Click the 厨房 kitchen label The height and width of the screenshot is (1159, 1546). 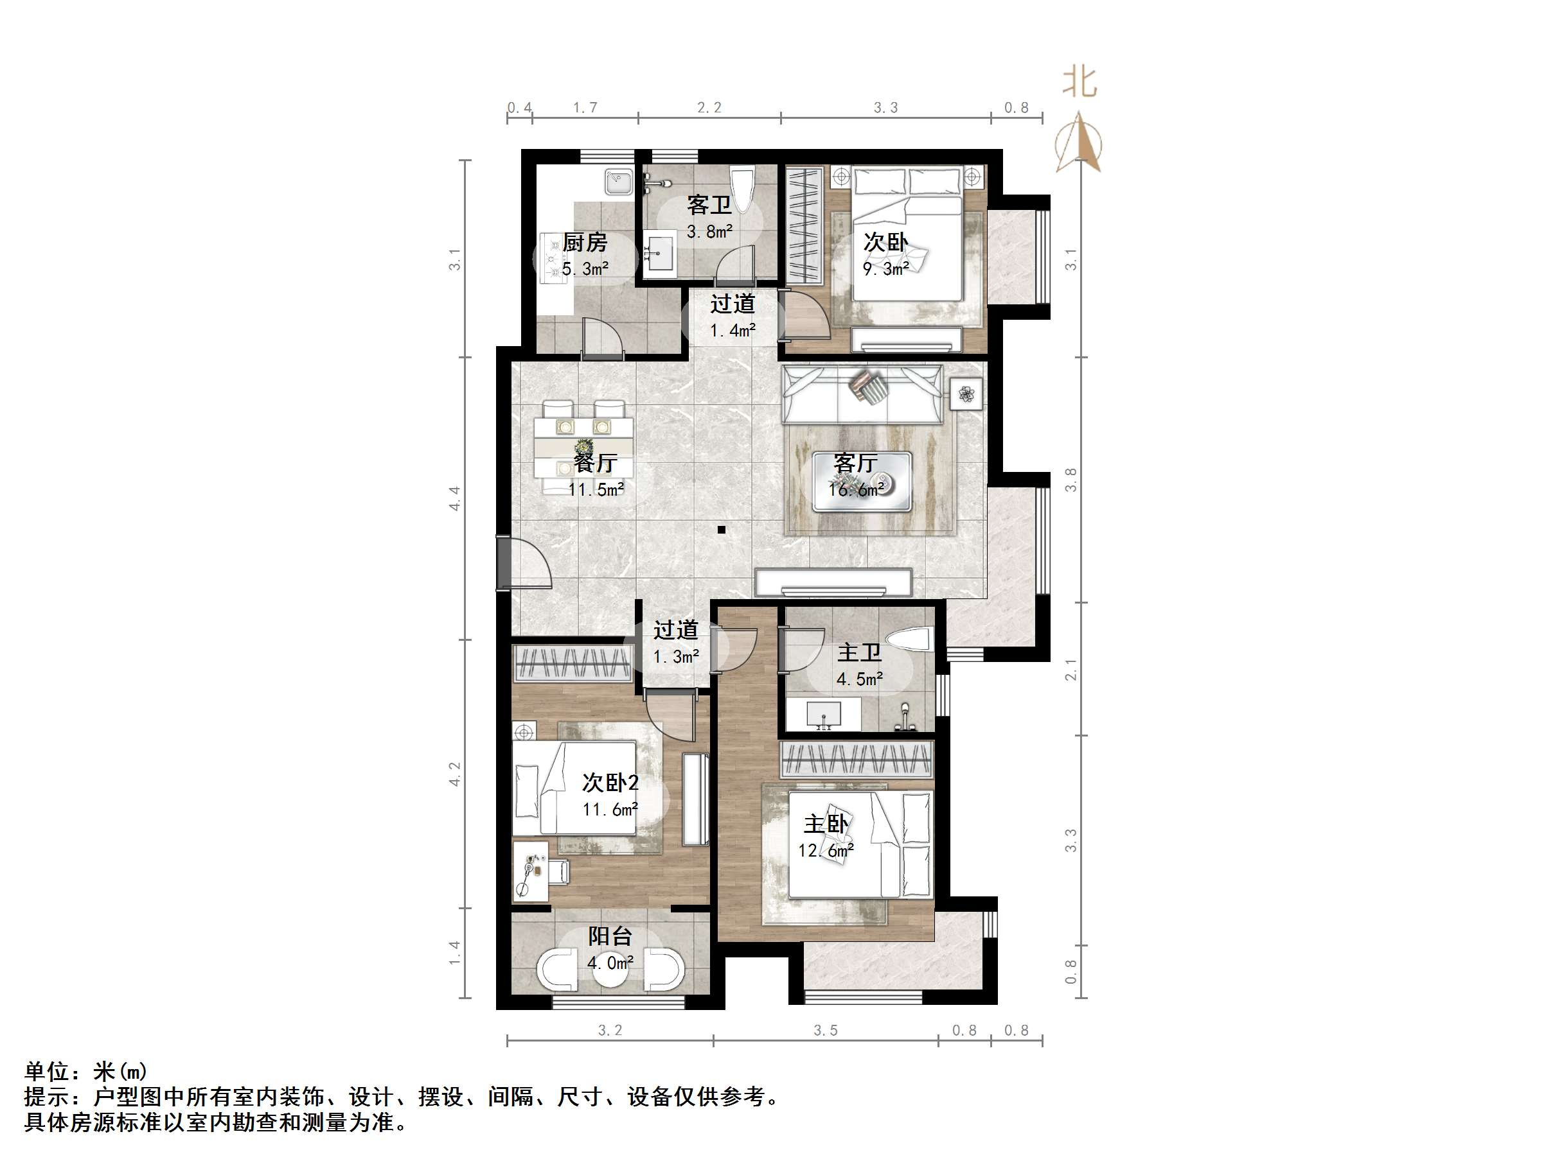(x=585, y=243)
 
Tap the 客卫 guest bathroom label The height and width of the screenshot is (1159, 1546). (x=709, y=205)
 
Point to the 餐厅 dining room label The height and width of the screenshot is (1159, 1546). (x=596, y=462)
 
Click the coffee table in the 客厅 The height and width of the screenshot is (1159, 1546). (x=862, y=482)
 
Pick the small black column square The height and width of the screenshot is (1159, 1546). (x=722, y=530)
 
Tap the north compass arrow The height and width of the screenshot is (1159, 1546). (x=1080, y=143)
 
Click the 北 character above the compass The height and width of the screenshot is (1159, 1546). (x=1080, y=82)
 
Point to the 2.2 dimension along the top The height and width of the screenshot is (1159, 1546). (x=709, y=108)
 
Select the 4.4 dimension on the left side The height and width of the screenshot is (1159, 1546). (x=455, y=498)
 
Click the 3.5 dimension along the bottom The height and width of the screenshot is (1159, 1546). (x=826, y=1031)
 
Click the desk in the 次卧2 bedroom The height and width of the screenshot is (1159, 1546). (x=531, y=871)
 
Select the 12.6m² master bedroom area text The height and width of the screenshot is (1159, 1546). (x=826, y=851)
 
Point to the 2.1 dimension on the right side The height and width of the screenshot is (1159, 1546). (x=1071, y=669)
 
